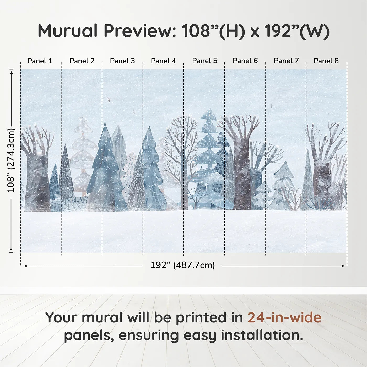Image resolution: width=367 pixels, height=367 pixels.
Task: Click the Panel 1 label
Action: pos(40,61)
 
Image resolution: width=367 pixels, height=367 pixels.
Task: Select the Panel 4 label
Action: pos(163,61)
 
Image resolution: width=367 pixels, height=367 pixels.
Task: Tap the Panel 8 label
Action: pos(326,61)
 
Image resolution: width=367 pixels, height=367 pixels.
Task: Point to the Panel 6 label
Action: pos(245,61)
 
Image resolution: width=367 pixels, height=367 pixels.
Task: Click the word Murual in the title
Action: pos(68,31)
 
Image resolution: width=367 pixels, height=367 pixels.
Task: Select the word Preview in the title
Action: pos(140,31)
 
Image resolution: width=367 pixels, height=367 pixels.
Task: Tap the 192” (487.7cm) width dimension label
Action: pos(183,265)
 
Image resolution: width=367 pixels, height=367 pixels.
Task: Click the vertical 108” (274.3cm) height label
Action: pos(11,160)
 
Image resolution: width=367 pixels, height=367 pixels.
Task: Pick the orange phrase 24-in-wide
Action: pos(284,317)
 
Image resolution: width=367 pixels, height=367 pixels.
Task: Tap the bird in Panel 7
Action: pos(271,106)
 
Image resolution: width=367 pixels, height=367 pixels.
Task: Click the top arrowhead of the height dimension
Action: pos(12,73)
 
